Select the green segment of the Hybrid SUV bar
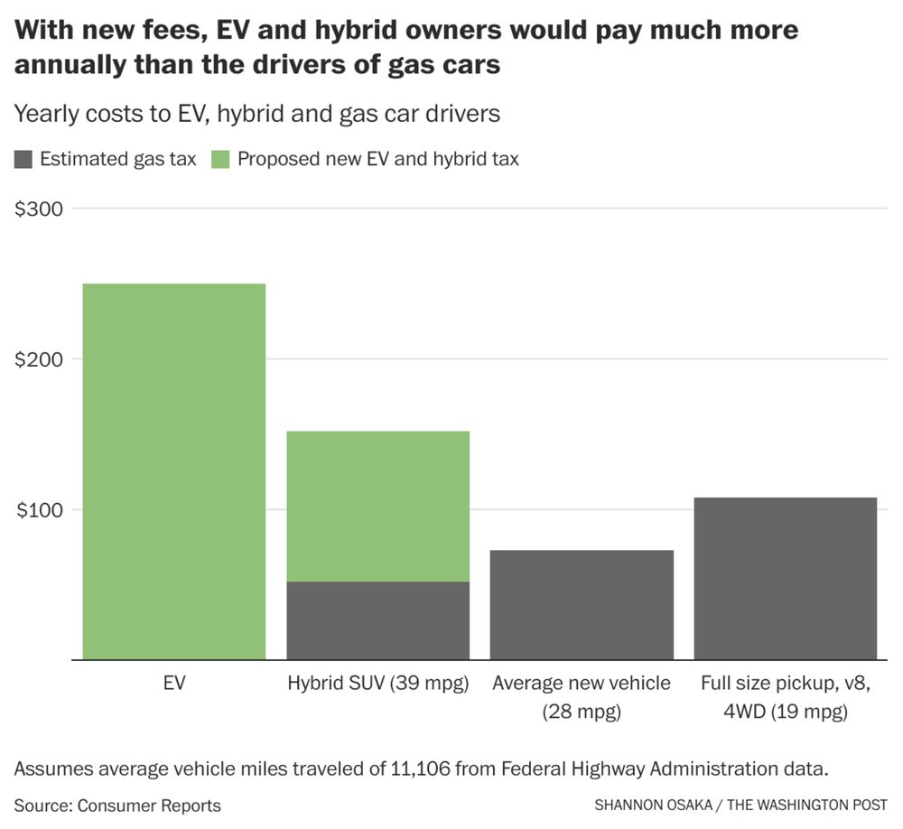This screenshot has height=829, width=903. (x=377, y=506)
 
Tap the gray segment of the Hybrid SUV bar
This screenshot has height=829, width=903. (x=377, y=620)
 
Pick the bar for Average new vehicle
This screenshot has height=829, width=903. (x=582, y=605)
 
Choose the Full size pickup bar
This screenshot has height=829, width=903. (x=786, y=578)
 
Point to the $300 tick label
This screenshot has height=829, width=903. (x=39, y=209)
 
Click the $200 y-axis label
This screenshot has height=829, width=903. (x=39, y=359)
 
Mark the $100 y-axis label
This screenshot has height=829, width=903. (x=39, y=510)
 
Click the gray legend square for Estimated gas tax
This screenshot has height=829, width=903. (x=23, y=160)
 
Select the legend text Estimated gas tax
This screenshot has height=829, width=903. (x=118, y=160)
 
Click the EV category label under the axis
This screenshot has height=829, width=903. (x=174, y=684)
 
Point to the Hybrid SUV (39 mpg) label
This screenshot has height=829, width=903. (x=378, y=684)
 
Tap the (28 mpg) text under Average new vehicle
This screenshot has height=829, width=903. (x=582, y=712)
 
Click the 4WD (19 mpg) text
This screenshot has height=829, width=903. (x=786, y=712)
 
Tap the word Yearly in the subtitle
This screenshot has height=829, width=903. (x=44, y=115)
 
